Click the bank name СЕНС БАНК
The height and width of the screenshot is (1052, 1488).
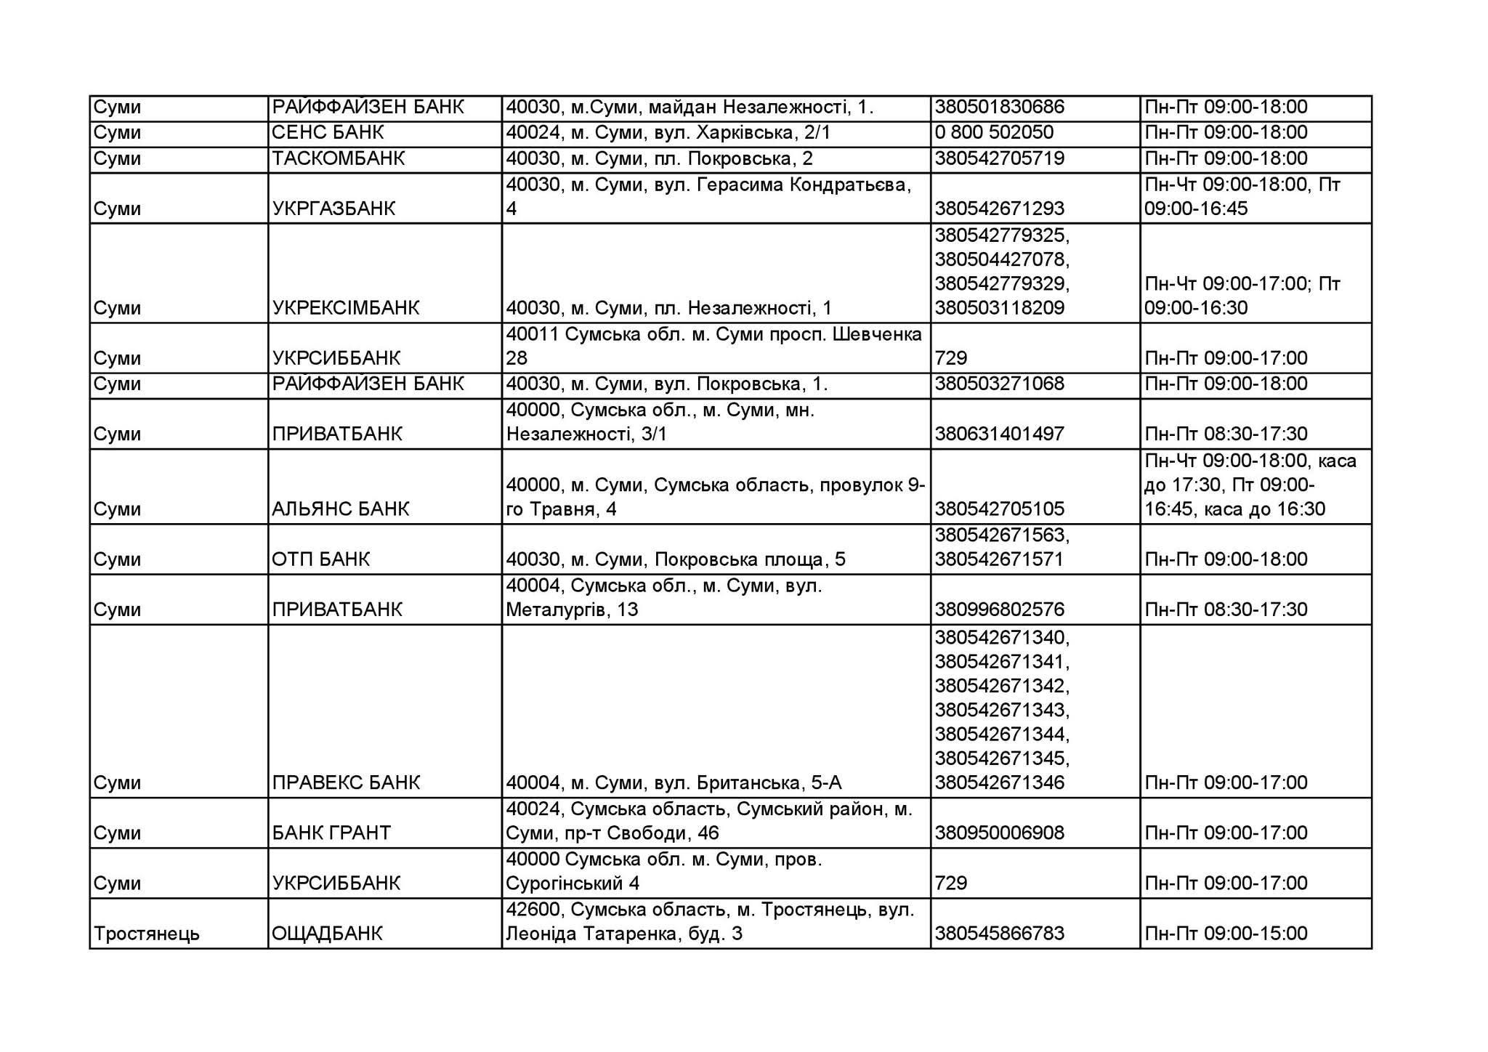click(328, 133)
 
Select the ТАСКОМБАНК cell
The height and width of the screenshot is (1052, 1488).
click(338, 158)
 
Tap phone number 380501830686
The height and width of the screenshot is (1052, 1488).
click(999, 108)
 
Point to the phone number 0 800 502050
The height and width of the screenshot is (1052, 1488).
click(994, 133)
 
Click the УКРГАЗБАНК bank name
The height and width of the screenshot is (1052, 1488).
click(333, 209)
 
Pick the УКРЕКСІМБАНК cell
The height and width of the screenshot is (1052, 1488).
click(346, 308)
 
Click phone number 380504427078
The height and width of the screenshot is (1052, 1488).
click(1002, 259)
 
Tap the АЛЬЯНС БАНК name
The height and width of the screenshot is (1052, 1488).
click(341, 509)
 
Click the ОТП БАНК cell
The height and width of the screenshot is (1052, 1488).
click(321, 559)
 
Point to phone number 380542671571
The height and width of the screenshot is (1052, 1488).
click(999, 559)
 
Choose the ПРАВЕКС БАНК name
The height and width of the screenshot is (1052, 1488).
click(346, 782)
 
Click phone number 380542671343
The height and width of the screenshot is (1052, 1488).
click(1002, 710)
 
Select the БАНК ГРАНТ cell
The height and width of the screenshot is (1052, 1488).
click(331, 833)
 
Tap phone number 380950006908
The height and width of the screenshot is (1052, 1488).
click(999, 833)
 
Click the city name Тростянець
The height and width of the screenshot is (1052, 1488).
click(147, 934)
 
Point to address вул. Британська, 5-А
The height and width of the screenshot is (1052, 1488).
click(674, 782)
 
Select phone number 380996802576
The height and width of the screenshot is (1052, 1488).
click(999, 610)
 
